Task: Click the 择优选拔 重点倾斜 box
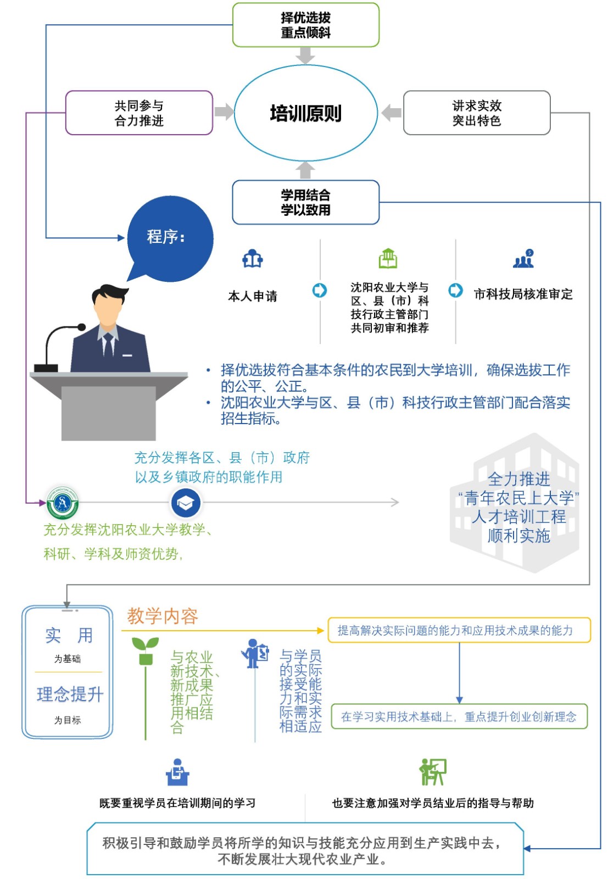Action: point(305,25)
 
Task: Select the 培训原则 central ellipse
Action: point(305,113)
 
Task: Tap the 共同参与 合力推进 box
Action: point(139,113)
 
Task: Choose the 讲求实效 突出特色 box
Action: point(477,113)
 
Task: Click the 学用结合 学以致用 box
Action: point(305,202)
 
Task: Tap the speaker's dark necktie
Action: point(108,346)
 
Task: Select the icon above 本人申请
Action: point(253,258)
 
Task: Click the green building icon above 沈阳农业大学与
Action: point(388,258)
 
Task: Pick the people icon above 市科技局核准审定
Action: point(523,258)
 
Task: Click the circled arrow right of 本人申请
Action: point(320,290)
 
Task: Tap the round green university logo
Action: point(62,503)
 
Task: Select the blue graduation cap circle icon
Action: point(186,503)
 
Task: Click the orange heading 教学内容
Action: point(163,616)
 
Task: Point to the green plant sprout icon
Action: point(146,650)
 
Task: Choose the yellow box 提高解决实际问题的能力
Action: point(459,630)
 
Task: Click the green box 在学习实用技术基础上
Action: point(459,716)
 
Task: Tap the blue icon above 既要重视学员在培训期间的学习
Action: point(177,772)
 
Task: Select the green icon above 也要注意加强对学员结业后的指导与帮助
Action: point(433,772)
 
